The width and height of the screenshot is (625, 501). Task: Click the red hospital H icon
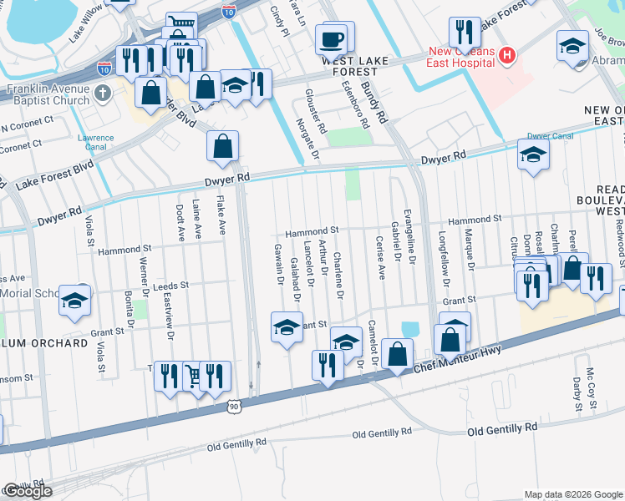click(x=506, y=56)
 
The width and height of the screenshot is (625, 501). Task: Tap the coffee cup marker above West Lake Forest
click(x=333, y=38)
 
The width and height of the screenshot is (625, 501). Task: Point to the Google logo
click(x=27, y=491)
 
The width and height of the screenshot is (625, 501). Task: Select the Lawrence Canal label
click(x=95, y=142)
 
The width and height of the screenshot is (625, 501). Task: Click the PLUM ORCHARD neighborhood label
click(x=48, y=343)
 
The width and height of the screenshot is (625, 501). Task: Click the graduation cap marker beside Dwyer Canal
click(x=533, y=154)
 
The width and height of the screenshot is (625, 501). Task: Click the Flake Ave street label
click(x=221, y=216)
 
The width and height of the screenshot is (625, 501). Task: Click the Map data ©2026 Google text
click(x=572, y=494)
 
